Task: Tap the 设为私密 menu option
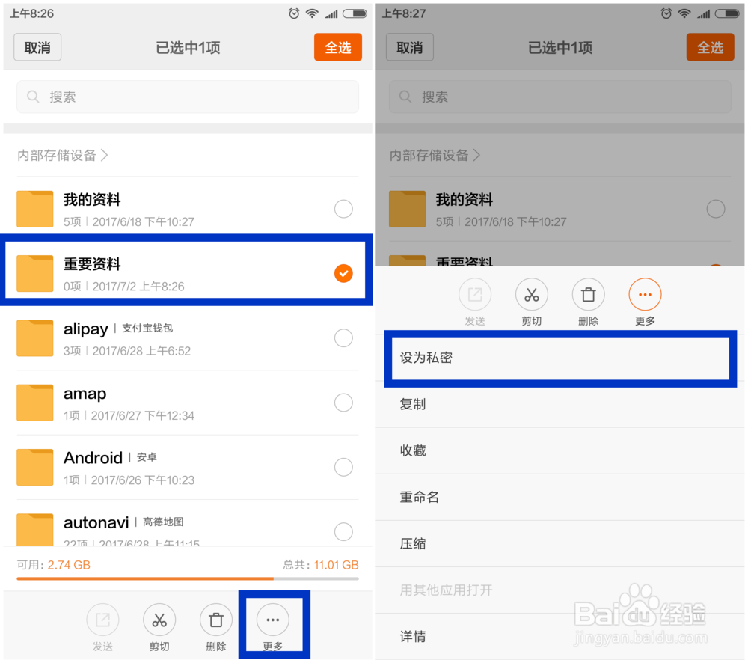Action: (426, 358)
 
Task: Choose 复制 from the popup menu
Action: (413, 404)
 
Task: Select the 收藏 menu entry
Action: (413, 450)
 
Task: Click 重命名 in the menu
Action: (420, 497)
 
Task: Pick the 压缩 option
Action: (413, 543)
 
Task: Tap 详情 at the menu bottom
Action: (413, 636)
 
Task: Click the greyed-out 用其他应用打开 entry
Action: (446, 590)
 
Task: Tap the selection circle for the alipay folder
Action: (343, 338)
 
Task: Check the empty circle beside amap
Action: (343, 403)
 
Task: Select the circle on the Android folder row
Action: (343, 468)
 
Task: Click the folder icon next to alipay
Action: (35, 338)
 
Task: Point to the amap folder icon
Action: (35, 403)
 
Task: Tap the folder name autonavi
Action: (96, 522)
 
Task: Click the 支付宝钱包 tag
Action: (147, 329)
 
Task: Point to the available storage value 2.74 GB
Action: (69, 565)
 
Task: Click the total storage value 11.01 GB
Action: (336, 565)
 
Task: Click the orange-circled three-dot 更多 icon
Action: (645, 295)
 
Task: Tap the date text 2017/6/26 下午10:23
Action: (143, 480)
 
